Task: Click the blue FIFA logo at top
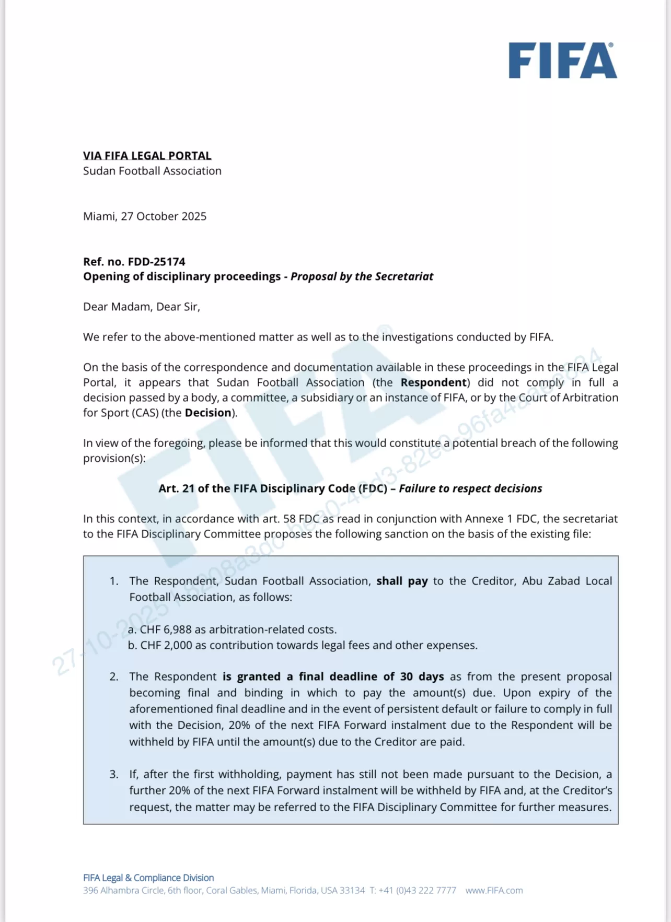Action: point(563,61)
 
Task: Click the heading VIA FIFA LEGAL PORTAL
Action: point(147,156)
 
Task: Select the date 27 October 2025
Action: point(164,216)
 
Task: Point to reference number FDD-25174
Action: point(156,262)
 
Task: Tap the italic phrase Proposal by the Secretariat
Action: point(362,276)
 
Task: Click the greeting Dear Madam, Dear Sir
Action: point(141,307)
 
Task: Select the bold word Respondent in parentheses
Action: point(433,382)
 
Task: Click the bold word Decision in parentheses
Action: point(208,413)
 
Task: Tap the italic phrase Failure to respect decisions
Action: point(470,488)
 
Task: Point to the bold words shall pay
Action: point(402,581)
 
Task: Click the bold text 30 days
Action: point(422,676)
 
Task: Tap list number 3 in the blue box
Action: point(114,774)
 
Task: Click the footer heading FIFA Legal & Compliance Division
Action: point(148,878)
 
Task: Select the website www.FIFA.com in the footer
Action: point(494,890)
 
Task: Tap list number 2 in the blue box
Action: point(114,676)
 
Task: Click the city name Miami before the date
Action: point(99,216)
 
